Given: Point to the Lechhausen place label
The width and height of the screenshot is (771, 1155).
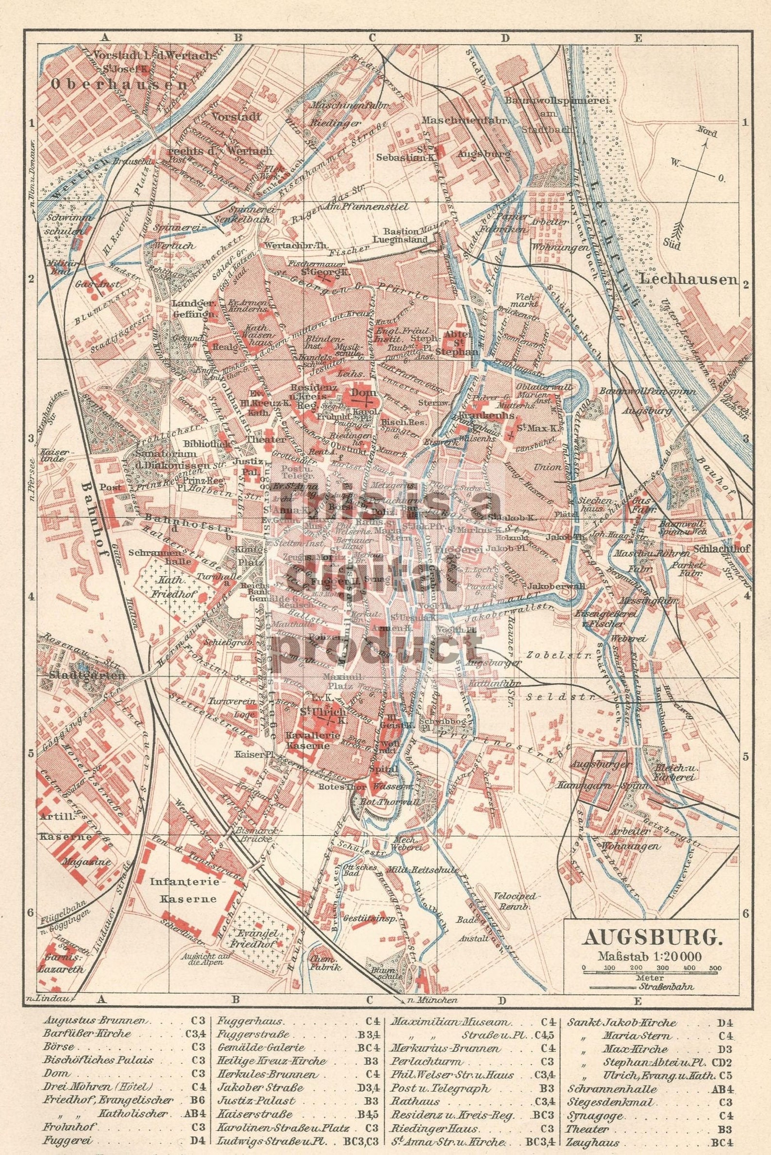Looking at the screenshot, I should tap(690, 280).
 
